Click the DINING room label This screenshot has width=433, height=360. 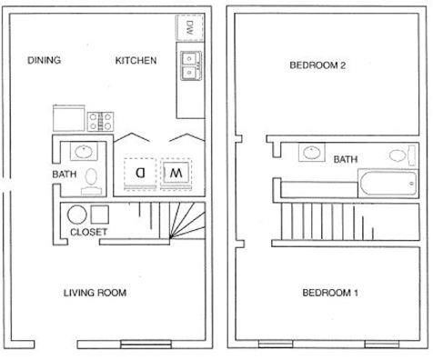coord(44,61)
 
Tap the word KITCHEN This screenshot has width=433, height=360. coord(136,61)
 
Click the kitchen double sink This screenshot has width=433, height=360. coord(191,65)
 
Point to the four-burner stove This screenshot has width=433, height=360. coord(99,118)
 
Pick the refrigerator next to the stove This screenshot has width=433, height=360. coord(66,117)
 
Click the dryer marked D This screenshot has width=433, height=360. coord(139,171)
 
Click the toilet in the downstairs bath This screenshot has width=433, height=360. coord(92,179)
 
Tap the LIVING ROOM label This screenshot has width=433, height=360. coord(95,293)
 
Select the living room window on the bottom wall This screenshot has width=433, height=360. coord(145,344)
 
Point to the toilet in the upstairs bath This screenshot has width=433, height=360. coord(401,154)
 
